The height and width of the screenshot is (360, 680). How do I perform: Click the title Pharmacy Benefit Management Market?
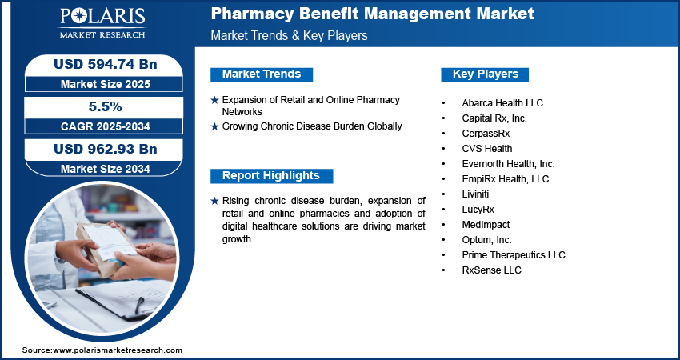(x=372, y=14)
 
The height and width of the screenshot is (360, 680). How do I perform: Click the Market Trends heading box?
(x=262, y=74)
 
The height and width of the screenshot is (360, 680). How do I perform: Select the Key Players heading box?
(x=486, y=74)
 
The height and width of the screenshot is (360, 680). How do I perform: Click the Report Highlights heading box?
(x=271, y=176)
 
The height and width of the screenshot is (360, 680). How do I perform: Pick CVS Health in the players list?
(x=487, y=149)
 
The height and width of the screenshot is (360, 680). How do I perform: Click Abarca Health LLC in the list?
(x=502, y=103)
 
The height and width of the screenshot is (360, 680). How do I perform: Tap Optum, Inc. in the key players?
(x=487, y=240)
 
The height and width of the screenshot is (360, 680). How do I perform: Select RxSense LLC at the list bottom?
(x=491, y=270)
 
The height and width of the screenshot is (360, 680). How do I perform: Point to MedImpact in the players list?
(x=486, y=225)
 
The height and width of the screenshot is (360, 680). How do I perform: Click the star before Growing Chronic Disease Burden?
(x=214, y=126)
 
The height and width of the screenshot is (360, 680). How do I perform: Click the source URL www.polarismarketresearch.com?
(x=117, y=350)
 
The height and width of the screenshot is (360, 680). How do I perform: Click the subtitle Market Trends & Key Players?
(x=289, y=36)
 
